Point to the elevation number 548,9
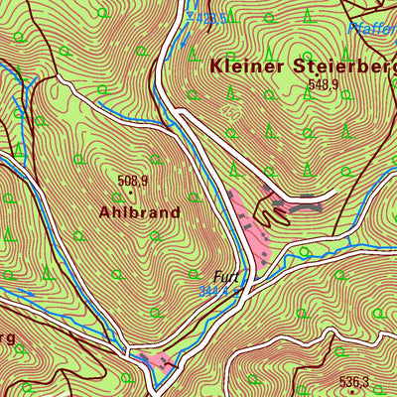(323, 85)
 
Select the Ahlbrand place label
(139, 211)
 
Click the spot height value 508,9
(132, 181)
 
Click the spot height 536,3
(353, 381)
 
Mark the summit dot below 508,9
(130, 192)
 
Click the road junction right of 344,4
(249, 289)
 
